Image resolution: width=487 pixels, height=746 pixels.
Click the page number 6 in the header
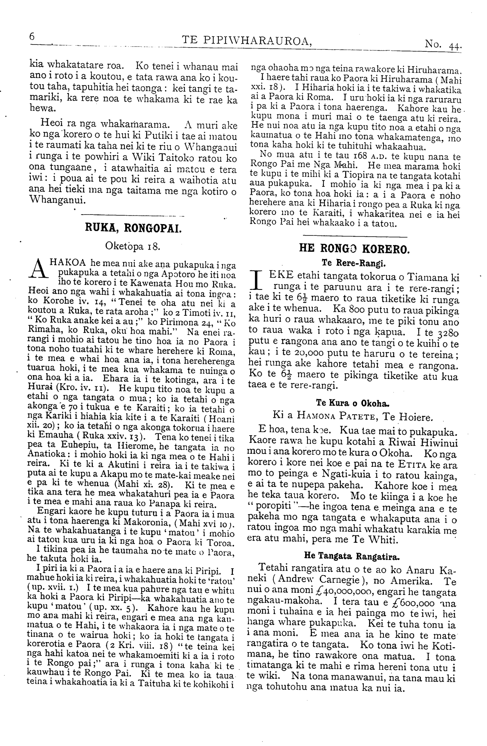(32, 37)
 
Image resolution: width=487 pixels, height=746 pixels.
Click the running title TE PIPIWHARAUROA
(247, 40)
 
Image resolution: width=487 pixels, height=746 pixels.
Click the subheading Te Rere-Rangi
(354, 262)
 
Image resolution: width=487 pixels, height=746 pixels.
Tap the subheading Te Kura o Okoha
(354, 403)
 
